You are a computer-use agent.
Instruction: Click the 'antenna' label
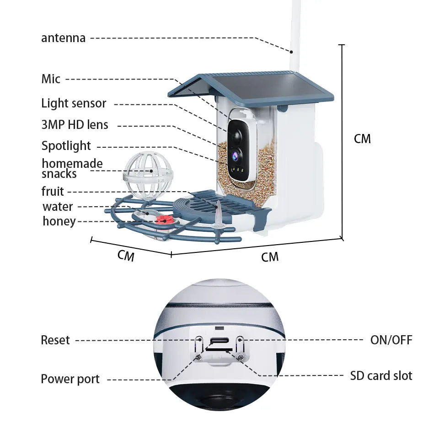click(63, 37)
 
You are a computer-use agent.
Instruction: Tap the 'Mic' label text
click(51, 79)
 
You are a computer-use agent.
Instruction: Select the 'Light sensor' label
click(74, 103)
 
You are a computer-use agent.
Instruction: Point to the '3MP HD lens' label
click(75, 124)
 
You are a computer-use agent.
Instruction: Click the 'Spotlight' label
click(66, 146)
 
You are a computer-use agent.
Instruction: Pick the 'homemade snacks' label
click(72, 168)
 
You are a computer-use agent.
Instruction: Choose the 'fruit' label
click(53, 191)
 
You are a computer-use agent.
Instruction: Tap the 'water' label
click(58, 207)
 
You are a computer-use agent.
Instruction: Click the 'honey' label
click(59, 221)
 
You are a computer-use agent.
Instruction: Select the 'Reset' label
click(55, 340)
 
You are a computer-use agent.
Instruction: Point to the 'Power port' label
click(70, 379)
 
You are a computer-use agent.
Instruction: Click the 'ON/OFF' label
click(391, 340)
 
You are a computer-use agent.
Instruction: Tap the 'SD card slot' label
click(381, 376)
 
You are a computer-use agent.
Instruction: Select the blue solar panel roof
click(256, 86)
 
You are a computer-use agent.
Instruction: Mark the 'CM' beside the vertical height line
click(362, 139)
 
